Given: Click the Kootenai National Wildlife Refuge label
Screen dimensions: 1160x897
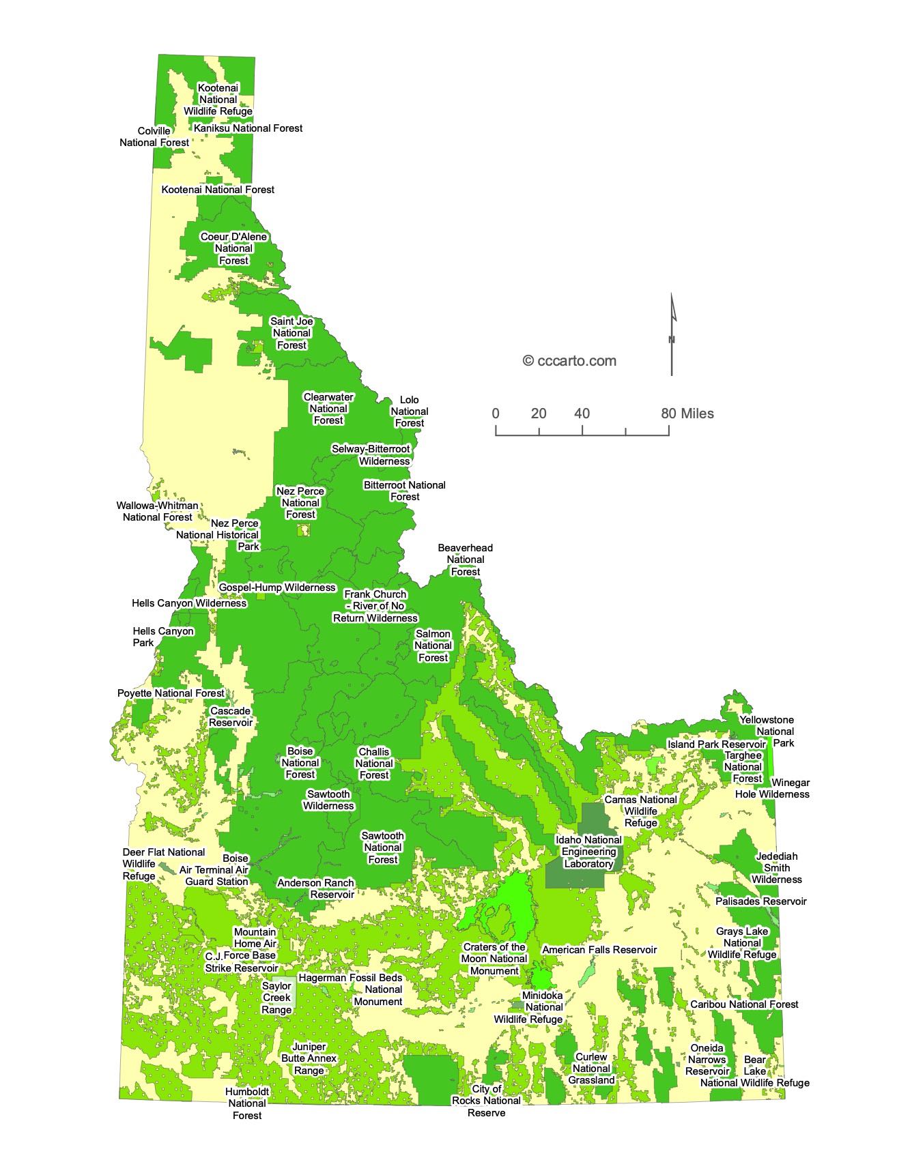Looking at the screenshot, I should (218, 99).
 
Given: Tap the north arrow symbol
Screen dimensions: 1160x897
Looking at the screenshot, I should (672, 334).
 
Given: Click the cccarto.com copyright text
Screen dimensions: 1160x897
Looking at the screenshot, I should (569, 361).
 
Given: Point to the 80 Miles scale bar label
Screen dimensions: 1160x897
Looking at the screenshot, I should (687, 414).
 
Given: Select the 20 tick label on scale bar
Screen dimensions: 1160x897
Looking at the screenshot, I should (539, 414).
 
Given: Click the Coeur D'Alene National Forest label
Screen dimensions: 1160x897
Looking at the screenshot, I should (233, 248).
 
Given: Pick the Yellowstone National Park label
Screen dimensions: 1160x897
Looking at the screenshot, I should (767, 731).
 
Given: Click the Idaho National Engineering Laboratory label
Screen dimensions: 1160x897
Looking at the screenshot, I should (588, 852).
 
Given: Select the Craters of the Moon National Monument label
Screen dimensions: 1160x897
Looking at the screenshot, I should (494, 959).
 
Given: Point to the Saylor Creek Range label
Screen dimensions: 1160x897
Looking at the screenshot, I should (277, 998).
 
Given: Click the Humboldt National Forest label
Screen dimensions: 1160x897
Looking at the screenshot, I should (247, 1103).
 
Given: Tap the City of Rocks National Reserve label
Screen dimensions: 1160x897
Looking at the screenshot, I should (486, 1101).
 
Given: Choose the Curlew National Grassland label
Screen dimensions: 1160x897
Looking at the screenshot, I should (592, 1068).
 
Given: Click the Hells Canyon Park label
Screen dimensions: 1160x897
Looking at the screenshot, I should (162, 637).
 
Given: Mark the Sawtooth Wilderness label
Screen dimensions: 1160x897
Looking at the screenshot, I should (328, 800).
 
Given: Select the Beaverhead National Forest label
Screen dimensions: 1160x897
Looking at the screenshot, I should (465, 560).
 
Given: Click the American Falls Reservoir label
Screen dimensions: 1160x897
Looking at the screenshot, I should (599, 949).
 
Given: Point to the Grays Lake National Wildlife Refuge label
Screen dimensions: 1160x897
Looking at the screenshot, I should (742, 942).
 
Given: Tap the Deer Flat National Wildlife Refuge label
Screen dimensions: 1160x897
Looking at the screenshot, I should (163, 863).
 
